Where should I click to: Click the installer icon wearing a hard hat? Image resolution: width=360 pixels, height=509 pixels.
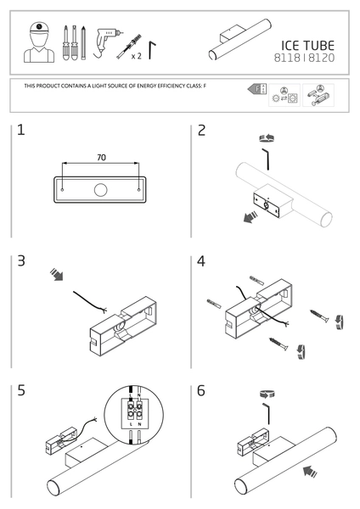39,42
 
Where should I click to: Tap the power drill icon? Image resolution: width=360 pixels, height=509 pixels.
107,43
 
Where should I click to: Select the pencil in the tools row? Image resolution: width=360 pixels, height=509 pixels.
83,42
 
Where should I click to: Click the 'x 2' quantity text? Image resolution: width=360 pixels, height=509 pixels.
137,56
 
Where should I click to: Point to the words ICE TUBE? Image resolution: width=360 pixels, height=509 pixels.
307,46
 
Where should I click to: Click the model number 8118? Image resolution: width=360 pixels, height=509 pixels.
287,58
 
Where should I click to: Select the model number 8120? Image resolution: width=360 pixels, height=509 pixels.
321,58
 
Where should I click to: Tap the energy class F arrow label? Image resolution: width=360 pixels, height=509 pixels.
256,89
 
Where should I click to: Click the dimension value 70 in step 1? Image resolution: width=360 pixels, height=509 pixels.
101,158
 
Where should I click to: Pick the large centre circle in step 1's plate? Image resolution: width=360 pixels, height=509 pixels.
101,190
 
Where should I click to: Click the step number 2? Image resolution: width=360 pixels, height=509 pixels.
202,131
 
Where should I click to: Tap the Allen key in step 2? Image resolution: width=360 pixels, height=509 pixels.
266,159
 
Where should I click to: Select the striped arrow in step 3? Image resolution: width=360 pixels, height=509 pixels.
57,275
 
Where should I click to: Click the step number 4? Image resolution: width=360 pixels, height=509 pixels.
201,261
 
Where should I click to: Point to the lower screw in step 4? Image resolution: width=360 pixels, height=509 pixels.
278,344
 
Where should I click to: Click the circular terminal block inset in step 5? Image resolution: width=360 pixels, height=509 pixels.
134,415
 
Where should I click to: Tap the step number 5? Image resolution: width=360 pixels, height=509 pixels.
21,390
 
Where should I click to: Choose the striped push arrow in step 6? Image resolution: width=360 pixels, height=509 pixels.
310,472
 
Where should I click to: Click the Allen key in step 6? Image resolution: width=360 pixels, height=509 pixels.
267,414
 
